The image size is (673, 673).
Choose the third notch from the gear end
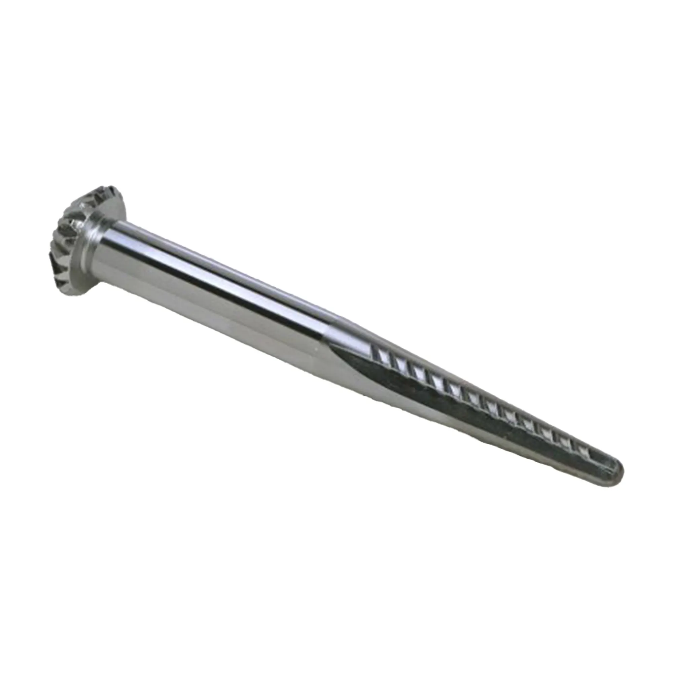[417, 370]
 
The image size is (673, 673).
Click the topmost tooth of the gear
[106, 190]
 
